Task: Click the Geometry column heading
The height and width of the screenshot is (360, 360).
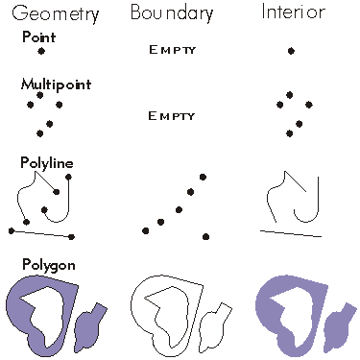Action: (x=54, y=15)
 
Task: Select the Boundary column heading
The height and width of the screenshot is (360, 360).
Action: (x=173, y=14)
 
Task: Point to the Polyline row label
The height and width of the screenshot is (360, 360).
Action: (x=47, y=162)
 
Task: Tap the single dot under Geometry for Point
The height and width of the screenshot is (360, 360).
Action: (x=41, y=50)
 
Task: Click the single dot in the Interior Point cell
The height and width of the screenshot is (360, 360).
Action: (x=291, y=50)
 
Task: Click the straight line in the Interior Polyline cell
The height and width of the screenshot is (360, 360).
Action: (x=292, y=231)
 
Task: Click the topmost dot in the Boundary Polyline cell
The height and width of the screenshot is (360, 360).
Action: (x=202, y=177)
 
